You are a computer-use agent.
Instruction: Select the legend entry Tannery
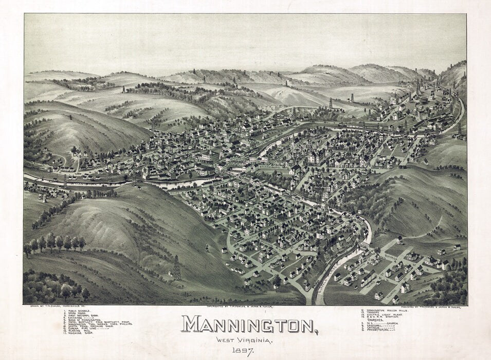[374, 313]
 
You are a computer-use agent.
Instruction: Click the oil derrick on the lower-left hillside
[176, 267]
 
